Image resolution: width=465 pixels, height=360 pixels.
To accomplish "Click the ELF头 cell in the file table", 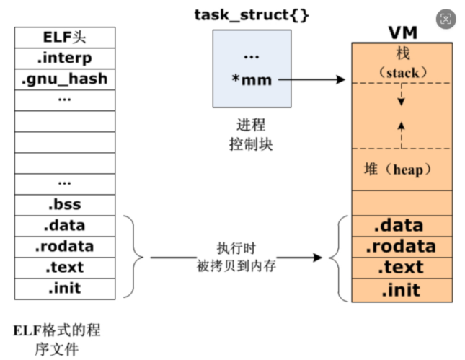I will pos(64,36).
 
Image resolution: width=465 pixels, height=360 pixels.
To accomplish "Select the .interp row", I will pos(64,57).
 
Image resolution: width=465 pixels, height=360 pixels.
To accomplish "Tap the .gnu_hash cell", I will pos(64,79).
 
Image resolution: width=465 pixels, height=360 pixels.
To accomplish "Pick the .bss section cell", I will pos(64,203).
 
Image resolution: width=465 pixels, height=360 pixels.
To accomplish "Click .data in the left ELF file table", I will pos(64,225).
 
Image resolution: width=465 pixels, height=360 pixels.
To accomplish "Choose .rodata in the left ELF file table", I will pos(64,246).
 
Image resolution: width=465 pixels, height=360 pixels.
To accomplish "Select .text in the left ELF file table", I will pos(64,267).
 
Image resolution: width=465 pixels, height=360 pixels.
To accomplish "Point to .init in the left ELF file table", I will pos(64,288).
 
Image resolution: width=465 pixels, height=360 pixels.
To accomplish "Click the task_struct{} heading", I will pos(252,14).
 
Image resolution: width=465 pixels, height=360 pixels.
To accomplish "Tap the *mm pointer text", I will pos(252,79).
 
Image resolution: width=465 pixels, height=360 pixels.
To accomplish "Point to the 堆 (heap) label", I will pos(398,170).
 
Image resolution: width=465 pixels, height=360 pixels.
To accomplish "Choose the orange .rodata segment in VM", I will pos(401,247).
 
